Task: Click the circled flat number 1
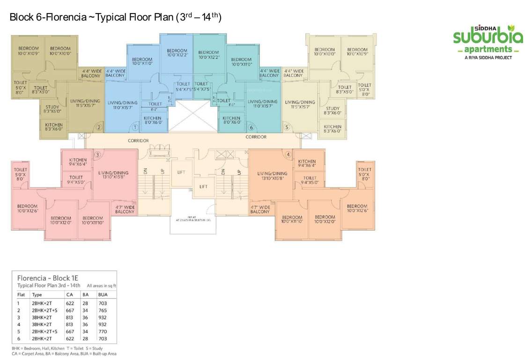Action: pyautogui.click(x=135, y=127)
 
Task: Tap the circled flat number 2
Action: pyautogui.click(x=99, y=127)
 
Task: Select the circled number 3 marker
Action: pyautogui.click(x=98, y=155)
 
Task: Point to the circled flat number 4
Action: pyautogui.click(x=288, y=155)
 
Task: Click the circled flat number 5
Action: pyautogui.click(x=287, y=127)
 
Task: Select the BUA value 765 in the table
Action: pyautogui.click(x=103, y=310)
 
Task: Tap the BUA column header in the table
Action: pyautogui.click(x=103, y=295)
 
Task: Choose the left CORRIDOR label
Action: pyautogui.click(x=138, y=140)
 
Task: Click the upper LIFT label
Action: pyautogui.click(x=181, y=172)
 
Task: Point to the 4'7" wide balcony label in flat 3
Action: pyautogui.click(x=125, y=209)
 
